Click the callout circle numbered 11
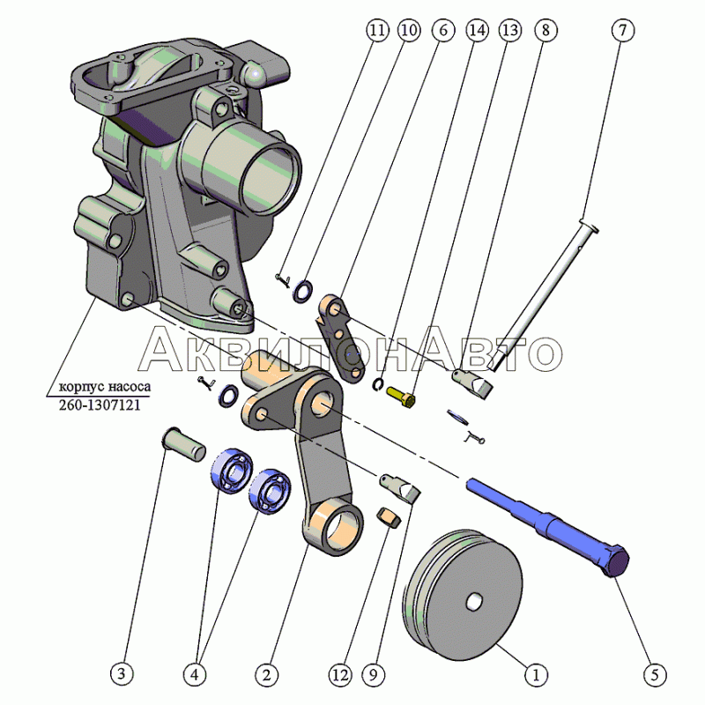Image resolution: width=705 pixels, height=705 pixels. (377, 30)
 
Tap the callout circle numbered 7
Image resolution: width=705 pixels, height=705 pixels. (622, 30)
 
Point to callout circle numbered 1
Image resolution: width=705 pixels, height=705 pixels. (532, 676)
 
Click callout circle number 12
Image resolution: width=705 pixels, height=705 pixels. (339, 676)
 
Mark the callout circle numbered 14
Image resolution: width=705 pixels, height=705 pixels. (477, 30)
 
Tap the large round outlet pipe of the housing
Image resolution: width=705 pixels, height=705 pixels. (264, 167)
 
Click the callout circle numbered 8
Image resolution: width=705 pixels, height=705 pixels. (545, 30)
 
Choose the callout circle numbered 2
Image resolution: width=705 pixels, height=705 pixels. (265, 676)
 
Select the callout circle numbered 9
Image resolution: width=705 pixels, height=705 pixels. (375, 676)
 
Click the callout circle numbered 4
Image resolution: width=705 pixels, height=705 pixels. (195, 676)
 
